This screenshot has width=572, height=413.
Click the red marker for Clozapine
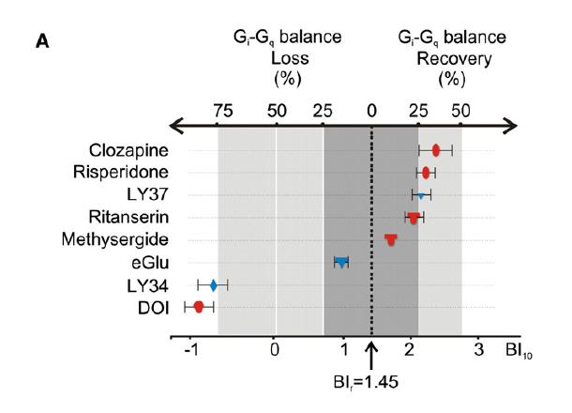436,150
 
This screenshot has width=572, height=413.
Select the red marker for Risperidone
426,173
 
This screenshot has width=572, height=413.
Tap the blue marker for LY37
421,195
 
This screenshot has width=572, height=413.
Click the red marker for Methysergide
391,240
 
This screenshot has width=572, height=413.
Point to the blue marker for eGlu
341,262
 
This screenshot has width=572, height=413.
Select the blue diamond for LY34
213,284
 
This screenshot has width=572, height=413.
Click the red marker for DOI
199,307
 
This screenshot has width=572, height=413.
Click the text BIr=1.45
372,382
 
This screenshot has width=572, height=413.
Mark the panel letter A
42,40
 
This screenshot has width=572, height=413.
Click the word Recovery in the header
449,57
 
